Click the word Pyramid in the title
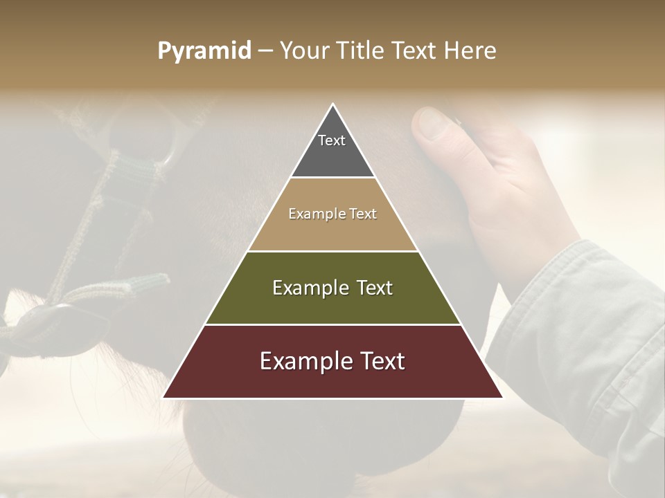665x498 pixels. [204, 51]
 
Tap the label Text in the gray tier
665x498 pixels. [332, 140]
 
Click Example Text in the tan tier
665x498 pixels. [332, 214]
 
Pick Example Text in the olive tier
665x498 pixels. [332, 288]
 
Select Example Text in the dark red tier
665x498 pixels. [332, 361]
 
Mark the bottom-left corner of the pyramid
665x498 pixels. [164, 397]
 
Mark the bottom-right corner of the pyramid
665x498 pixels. [502, 397]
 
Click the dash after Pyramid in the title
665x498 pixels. [265, 51]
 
